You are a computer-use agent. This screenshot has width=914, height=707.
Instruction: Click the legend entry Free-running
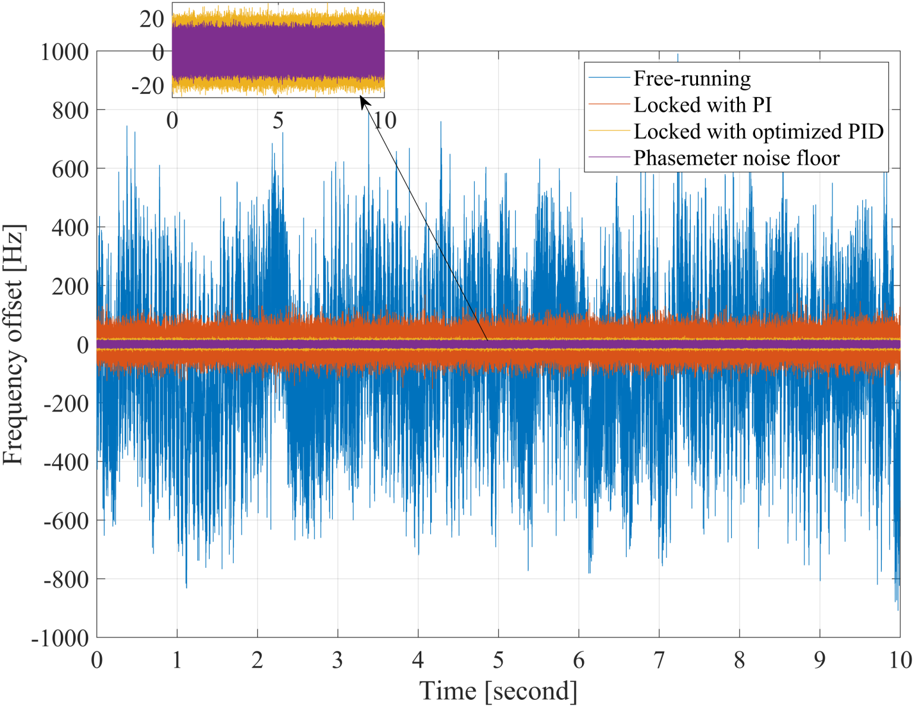pyautogui.click(x=691, y=78)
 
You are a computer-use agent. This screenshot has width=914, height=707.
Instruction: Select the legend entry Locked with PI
pyautogui.click(x=702, y=105)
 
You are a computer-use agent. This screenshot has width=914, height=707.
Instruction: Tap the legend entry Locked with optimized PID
pyautogui.click(x=758, y=131)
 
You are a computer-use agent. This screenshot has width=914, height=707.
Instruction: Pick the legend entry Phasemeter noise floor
pyautogui.click(x=736, y=158)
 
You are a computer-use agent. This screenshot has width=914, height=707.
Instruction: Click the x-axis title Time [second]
pyautogui.click(x=498, y=691)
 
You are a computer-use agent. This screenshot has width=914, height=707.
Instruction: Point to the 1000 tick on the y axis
pyautogui.click(x=64, y=52)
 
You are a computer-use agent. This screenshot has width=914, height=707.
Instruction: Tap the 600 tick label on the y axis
pyautogui.click(x=70, y=169)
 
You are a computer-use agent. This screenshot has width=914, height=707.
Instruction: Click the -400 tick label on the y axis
pyautogui.click(x=65, y=462)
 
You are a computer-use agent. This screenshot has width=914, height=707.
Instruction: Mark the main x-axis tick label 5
pyautogui.click(x=498, y=660)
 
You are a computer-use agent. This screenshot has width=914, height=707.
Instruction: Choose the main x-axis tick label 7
pyautogui.click(x=659, y=660)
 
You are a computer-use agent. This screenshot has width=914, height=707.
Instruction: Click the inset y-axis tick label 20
pyautogui.click(x=152, y=19)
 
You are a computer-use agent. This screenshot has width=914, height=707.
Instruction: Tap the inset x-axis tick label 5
pyautogui.click(x=278, y=121)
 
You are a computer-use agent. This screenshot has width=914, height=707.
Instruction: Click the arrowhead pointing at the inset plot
pyautogui.click(x=364, y=102)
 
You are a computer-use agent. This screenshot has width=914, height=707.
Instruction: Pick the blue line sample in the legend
pyautogui.click(x=608, y=78)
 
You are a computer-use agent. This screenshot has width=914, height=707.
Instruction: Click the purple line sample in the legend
pyautogui.click(x=608, y=158)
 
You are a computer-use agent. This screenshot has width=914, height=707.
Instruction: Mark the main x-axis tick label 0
pyautogui.click(x=97, y=660)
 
